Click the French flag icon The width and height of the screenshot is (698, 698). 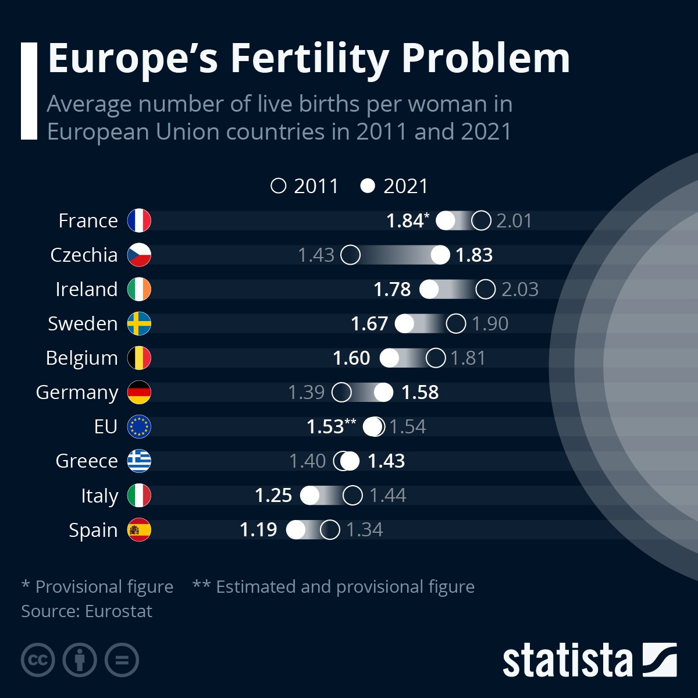tap(139, 220)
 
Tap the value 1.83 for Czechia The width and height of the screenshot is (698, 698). tap(474, 255)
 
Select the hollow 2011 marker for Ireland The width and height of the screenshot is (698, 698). tap(485, 289)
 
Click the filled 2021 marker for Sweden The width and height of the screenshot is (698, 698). tap(405, 323)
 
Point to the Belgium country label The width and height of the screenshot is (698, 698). tap(82, 358)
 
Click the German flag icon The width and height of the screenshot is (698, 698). tap(139, 392)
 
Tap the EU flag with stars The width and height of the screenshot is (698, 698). tap(139, 426)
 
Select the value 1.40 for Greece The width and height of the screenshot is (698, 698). tap(307, 461)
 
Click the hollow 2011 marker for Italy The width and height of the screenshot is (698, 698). tap(352, 495)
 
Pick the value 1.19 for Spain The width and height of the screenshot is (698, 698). tap(258, 529)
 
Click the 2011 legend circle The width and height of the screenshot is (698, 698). tap(279, 186)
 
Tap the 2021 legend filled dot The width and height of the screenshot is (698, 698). tap(368, 186)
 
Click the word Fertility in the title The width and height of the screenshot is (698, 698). tap(309, 58)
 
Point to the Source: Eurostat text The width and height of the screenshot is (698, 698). tap(87, 611)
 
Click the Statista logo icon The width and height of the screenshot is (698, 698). tap(659, 660)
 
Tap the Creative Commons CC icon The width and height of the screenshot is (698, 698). tap(38, 660)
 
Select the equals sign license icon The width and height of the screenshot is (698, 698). tap(122, 660)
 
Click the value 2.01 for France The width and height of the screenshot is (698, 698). tap(514, 220)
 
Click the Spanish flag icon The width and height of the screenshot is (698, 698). tap(139, 529)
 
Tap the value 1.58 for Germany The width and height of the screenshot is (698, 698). tap(420, 392)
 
